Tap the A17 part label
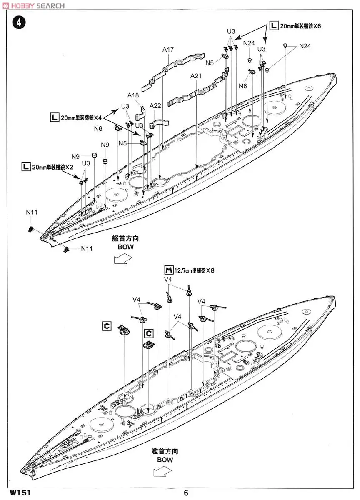pos(168,50)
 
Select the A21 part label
pos(196,76)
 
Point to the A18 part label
pos(133,95)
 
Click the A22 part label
pos(155,105)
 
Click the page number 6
pos(186,492)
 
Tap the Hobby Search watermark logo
pos(33,5)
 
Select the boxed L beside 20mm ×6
pos(273,26)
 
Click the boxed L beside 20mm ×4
pos(54,118)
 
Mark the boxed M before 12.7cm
pos(169,270)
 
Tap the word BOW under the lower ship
pos(165,460)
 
